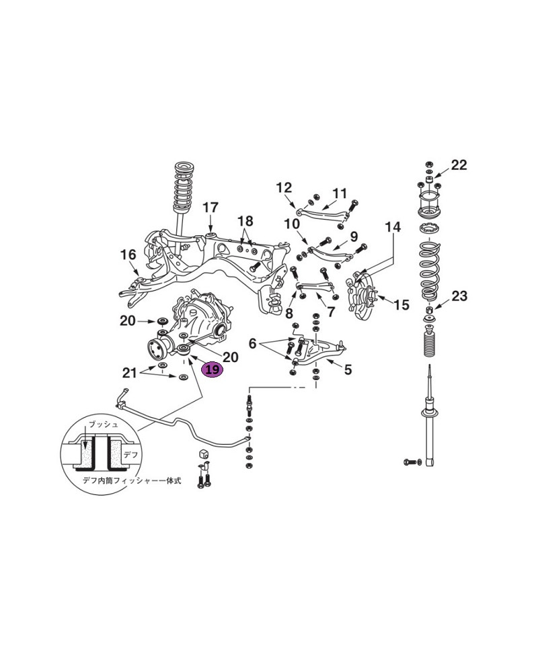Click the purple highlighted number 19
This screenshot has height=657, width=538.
pos(213,369)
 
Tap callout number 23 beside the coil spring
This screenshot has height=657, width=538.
pos(459,296)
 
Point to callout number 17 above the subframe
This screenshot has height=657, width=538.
pos(210,207)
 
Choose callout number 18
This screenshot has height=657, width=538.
pos(245,221)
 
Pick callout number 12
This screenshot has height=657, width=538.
pos(284,187)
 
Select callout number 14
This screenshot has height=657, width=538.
pos(393,227)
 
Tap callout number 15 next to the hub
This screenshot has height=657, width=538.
pos(401,305)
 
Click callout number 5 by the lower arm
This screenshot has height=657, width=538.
pos(348,369)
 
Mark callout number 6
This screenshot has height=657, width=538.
pos(253,343)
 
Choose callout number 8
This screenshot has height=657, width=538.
pos(289,313)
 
